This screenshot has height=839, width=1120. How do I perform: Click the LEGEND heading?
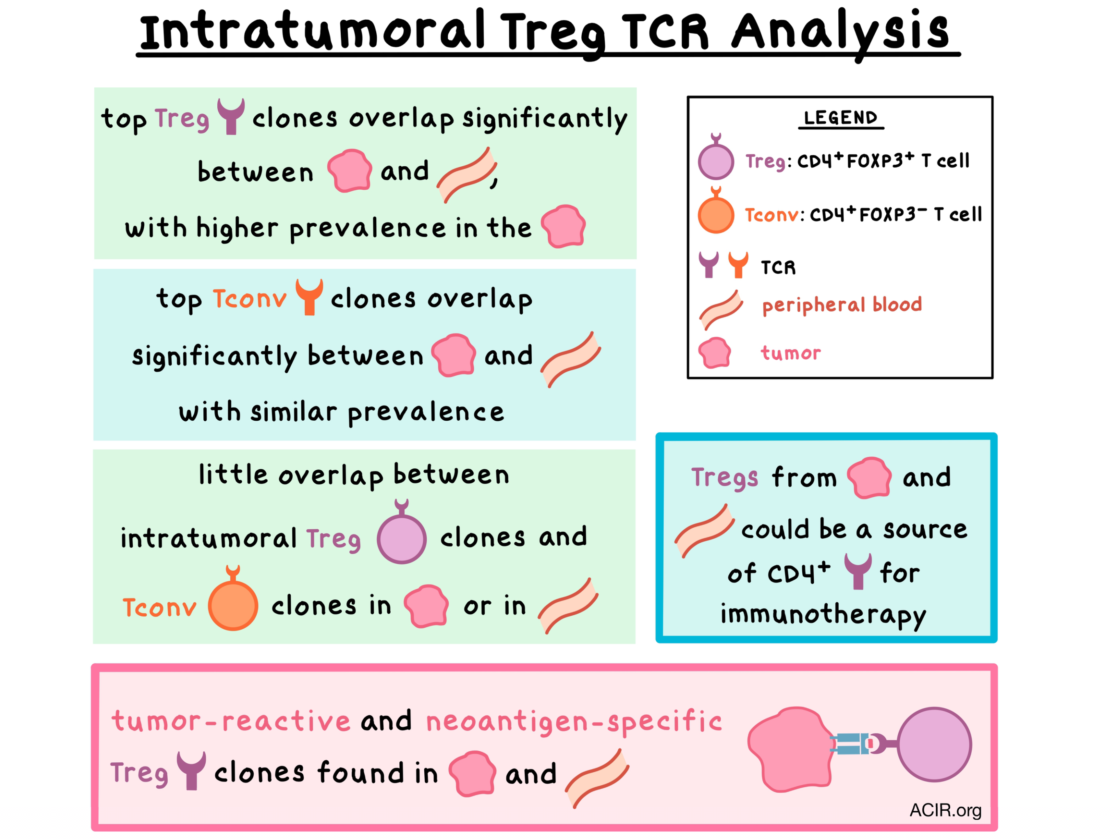click(x=840, y=118)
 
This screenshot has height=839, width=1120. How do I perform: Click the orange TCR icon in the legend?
click(x=738, y=265)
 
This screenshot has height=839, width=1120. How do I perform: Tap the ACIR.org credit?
click(x=945, y=810)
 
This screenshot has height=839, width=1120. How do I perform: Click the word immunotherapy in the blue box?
click(x=823, y=615)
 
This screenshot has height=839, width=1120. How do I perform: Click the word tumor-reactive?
click(x=231, y=721)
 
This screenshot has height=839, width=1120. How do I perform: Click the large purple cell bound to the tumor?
click(x=934, y=744)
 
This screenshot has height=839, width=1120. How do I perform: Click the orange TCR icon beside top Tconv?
click(x=310, y=297)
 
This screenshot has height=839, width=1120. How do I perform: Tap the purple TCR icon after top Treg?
click(x=231, y=116)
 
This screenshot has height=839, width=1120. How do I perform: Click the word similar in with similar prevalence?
click(x=294, y=412)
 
